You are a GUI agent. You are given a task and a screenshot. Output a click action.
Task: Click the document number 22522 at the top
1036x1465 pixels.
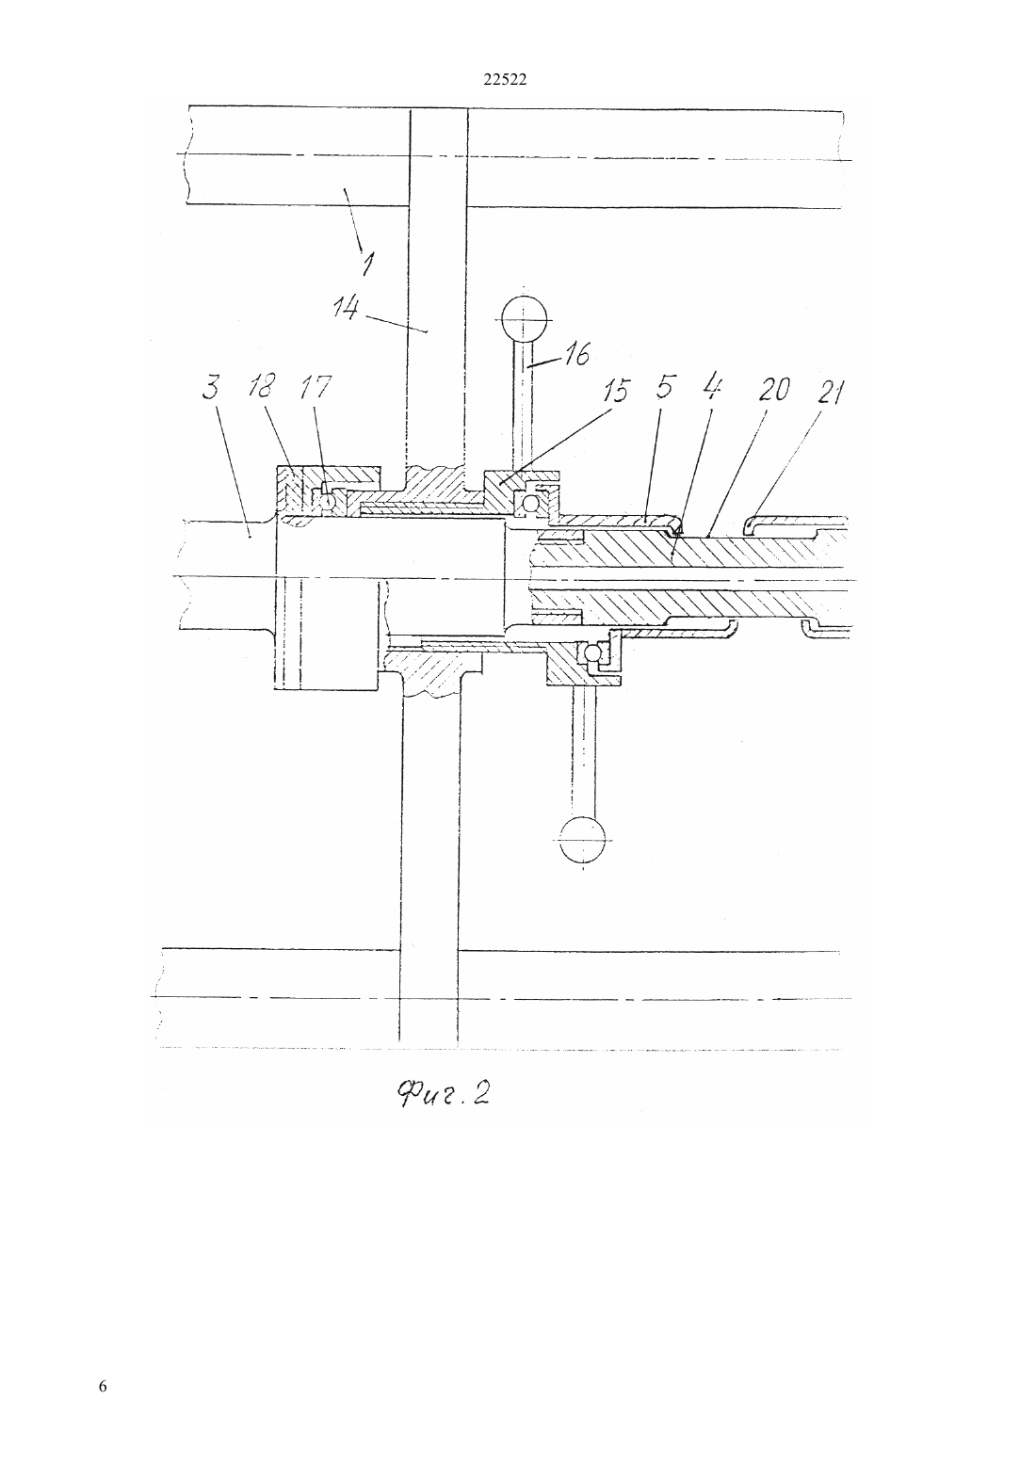tap(505, 80)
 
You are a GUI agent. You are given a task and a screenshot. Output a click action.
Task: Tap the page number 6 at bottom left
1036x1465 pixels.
tap(103, 1386)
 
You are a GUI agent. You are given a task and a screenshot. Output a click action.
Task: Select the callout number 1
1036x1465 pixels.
tap(368, 263)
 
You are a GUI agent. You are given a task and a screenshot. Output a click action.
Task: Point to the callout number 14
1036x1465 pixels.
tap(346, 307)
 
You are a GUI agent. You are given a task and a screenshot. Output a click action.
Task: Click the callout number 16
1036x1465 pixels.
tap(575, 353)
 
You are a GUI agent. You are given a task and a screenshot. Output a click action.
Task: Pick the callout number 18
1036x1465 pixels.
tap(262, 386)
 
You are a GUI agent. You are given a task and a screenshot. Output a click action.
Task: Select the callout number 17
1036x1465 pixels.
tap(315, 387)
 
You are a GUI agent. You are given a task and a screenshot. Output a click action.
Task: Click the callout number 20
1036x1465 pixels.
tap(774, 389)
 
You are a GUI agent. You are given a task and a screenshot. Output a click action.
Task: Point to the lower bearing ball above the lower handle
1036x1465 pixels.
tap(591, 652)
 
